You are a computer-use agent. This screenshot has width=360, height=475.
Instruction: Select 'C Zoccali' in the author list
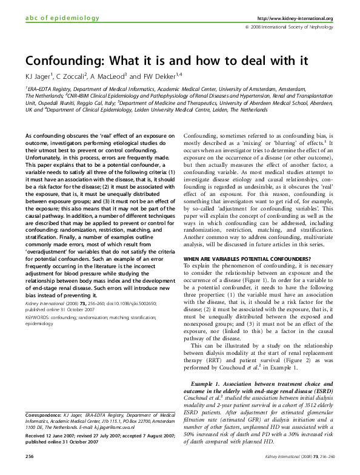[74, 76]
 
